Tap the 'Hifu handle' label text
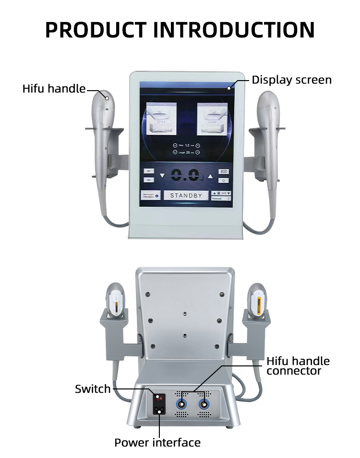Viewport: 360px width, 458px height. pyautogui.click(x=54, y=89)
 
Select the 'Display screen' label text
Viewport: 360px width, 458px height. pyautogui.click(x=291, y=80)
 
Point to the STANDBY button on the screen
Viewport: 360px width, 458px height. pyautogui.click(x=186, y=195)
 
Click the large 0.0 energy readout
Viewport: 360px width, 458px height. pyautogui.click(x=184, y=176)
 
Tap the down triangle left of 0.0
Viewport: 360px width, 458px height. pyautogui.click(x=162, y=176)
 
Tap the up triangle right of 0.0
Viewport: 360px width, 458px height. pyautogui.click(x=210, y=176)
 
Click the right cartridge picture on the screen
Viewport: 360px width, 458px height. pyautogui.click(x=213, y=121)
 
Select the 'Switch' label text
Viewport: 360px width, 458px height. pyautogui.click(x=93, y=388)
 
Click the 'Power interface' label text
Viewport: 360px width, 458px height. pyautogui.click(x=157, y=442)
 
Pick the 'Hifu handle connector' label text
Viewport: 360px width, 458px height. pyautogui.click(x=298, y=365)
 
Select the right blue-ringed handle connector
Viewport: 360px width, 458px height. pyautogui.click(x=205, y=403)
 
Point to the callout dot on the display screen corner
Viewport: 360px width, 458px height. pyautogui.click(x=229, y=88)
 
